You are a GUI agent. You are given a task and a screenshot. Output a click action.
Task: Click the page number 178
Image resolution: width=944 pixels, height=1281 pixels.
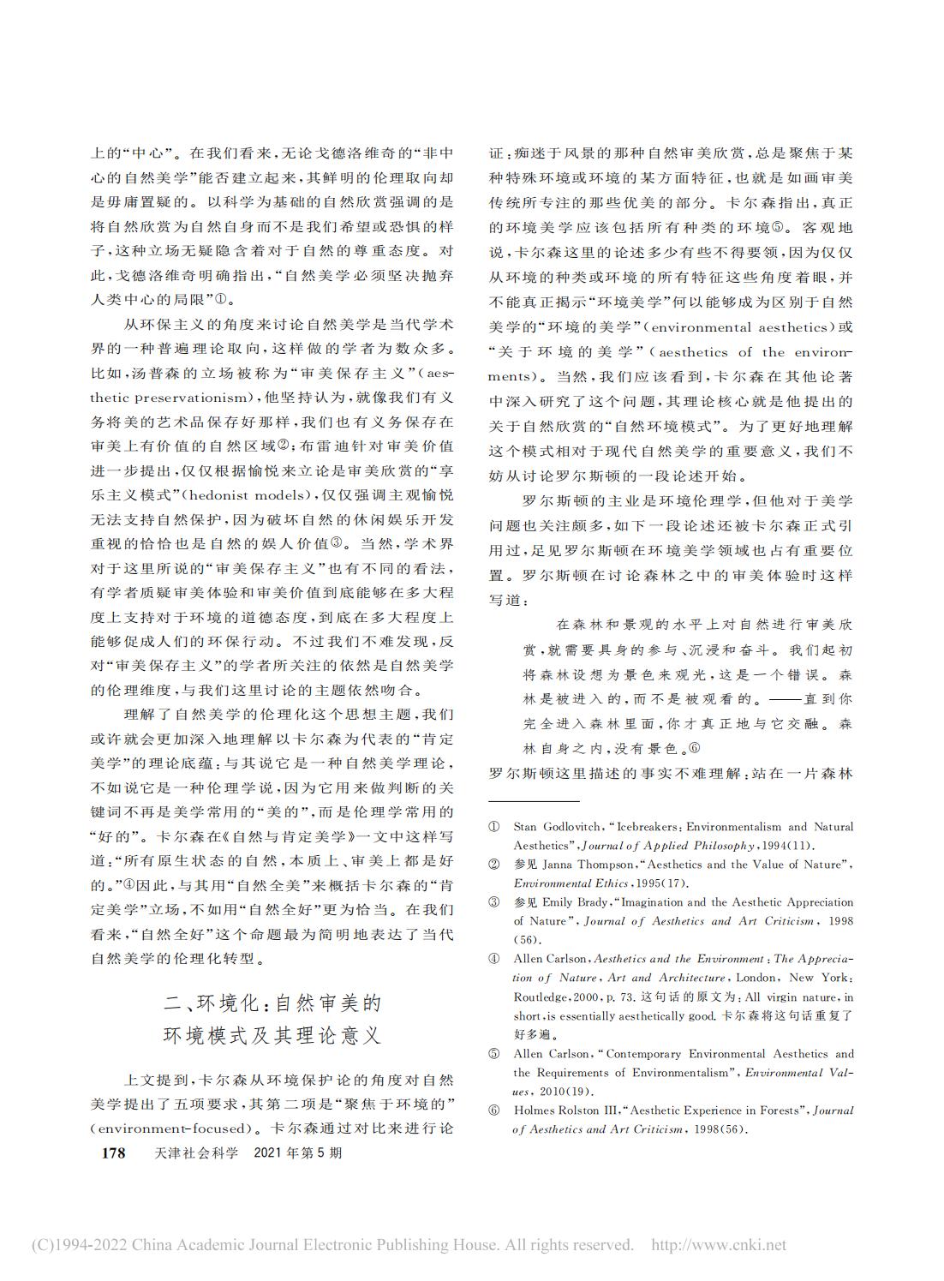(113, 1152)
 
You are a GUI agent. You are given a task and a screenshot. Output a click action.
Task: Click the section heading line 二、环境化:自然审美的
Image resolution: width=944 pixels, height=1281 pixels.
(272, 1003)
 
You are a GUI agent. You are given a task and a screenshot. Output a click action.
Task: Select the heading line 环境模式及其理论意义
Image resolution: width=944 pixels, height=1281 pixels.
(272, 1035)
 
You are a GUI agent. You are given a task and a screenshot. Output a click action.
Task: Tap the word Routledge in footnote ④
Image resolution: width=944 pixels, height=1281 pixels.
(541, 997)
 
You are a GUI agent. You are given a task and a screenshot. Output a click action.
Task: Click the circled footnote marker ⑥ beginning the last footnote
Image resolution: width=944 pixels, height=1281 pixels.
(494, 1110)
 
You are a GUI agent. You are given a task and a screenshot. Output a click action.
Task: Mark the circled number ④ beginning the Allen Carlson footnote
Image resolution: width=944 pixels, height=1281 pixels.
(494, 959)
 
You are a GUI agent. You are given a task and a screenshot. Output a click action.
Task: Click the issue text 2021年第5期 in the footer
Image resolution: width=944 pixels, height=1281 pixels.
(299, 1152)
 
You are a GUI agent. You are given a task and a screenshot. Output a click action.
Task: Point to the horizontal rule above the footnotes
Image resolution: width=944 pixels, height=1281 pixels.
(530, 802)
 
